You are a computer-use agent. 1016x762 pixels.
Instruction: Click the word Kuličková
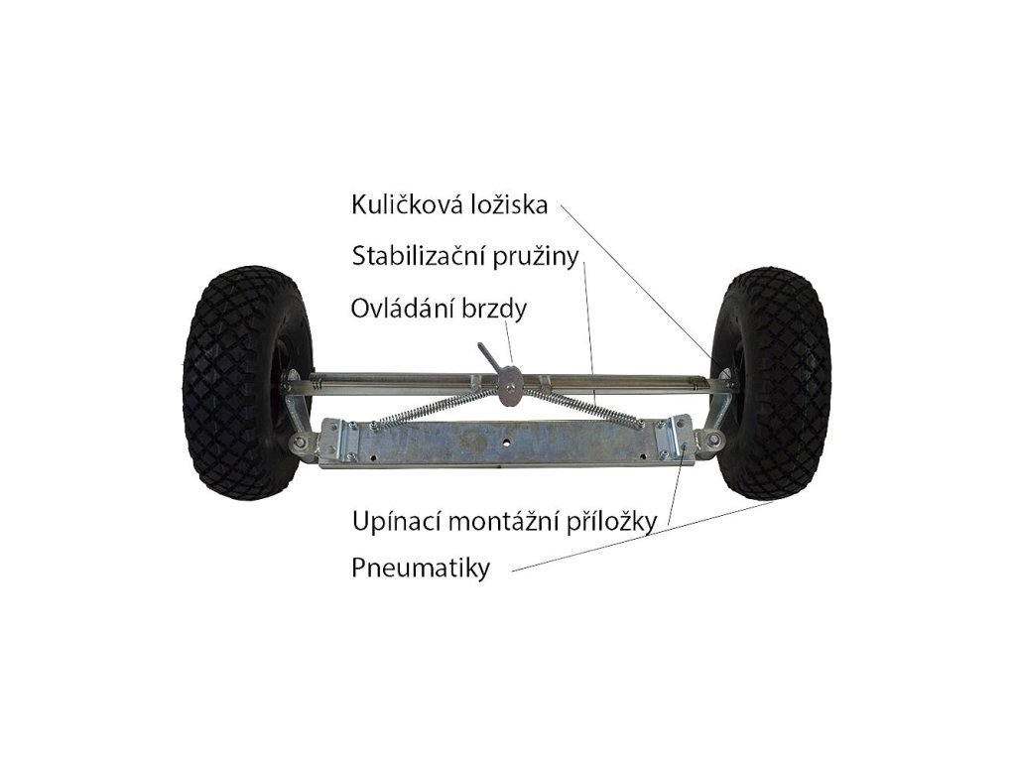(x=406, y=205)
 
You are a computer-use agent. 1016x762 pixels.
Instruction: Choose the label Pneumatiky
(x=421, y=570)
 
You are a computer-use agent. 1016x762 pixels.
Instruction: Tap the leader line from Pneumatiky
(x=645, y=536)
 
